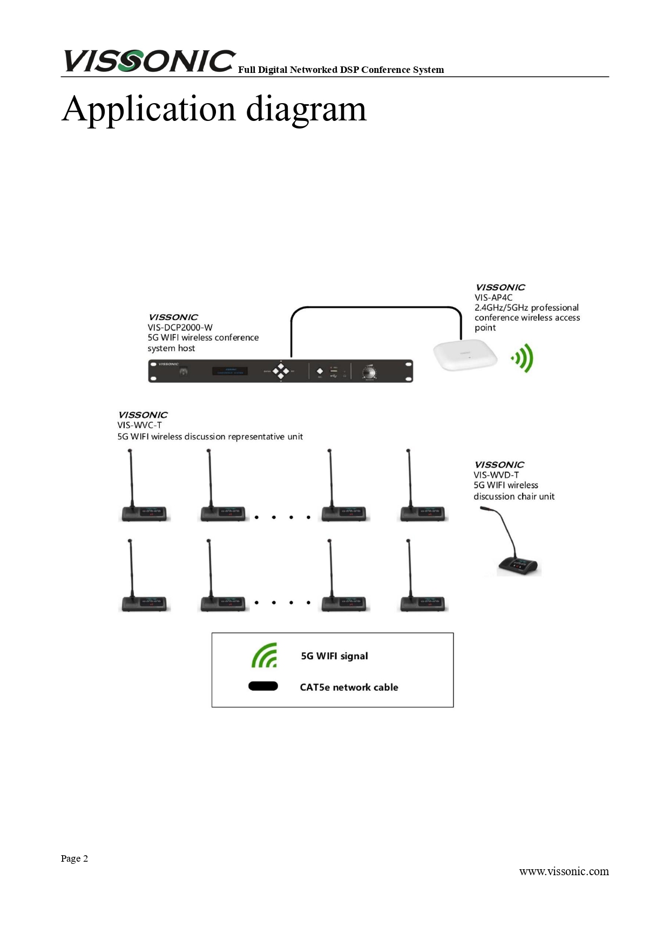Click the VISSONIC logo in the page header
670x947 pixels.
(x=150, y=61)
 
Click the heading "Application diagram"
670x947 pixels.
(x=214, y=109)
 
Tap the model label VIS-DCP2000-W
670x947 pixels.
(x=180, y=327)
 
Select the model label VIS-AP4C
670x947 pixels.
(x=493, y=297)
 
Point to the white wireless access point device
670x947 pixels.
(x=465, y=355)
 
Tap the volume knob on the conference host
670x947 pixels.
(x=370, y=372)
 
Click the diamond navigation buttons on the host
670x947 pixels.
(x=281, y=371)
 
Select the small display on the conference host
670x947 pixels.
(x=230, y=371)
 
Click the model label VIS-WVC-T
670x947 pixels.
(x=139, y=425)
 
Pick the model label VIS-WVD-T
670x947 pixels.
(x=496, y=475)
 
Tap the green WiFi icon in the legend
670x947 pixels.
(x=265, y=655)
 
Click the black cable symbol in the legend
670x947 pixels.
(x=263, y=686)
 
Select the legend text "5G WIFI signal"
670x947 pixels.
(x=334, y=656)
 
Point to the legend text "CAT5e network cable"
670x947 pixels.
(x=349, y=687)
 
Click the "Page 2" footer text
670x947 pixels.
(x=75, y=858)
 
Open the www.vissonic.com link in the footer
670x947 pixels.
(x=564, y=871)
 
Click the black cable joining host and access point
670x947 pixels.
(x=376, y=308)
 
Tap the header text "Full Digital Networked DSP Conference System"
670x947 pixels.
(x=341, y=70)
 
